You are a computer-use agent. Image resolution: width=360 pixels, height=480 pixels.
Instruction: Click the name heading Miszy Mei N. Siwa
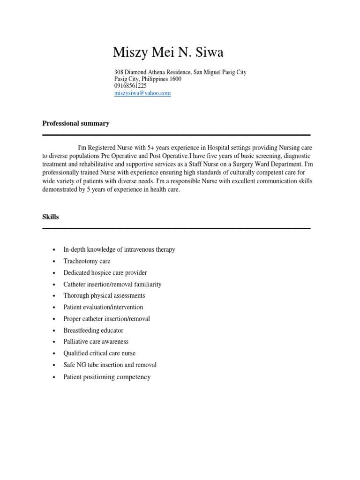pyautogui.click(x=168, y=53)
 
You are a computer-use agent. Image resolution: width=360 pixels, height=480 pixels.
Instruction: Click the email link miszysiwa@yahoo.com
pyautogui.click(x=142, y=93)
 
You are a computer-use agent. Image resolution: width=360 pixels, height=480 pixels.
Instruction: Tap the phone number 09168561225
pyautogui.click(x=130, y=86)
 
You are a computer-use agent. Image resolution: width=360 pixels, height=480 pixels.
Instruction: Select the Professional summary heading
pyautogui.click(x=76, y=123)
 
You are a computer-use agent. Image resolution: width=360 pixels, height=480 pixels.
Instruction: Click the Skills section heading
pyautogui.click(x=51, y=217)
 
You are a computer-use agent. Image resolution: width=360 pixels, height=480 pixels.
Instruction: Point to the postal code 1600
pyautogui.click(x=175, y=79)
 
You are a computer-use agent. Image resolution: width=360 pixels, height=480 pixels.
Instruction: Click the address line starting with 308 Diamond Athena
pyautogui.click(x=180, y=72)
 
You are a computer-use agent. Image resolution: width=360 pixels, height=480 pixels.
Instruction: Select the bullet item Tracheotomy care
pyautogui.click(x=87, y=261)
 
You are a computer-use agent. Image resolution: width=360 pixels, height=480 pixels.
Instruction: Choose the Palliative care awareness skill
pyautogui.click(x=96, y=342)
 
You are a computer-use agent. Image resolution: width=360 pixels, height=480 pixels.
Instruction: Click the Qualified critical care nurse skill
pyautogui.click(x=99, y=353)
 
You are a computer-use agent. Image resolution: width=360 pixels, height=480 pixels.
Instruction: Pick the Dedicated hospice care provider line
pyautogui.click(x=105, y=272)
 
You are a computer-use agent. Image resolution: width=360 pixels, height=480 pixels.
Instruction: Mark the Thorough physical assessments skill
pyautogui.click(x=104, y=296)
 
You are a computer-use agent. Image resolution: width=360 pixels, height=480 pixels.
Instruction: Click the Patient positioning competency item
pyautogui.click(x=107, y=377)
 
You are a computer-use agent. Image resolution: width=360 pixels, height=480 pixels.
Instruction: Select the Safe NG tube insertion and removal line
pyautogui.click(x=110, y=365)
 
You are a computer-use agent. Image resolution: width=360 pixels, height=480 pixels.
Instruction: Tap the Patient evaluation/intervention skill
pyautogui.click(x=103, y=307)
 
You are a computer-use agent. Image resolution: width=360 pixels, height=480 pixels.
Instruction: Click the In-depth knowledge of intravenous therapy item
pyautogui.click(x=119, y=249)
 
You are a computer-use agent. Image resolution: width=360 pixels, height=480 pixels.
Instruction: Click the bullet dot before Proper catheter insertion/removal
pyautogui.click(x=55, y=319)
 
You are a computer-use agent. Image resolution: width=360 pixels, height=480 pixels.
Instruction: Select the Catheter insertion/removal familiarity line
pyautogui.click(x=112, y=284)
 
